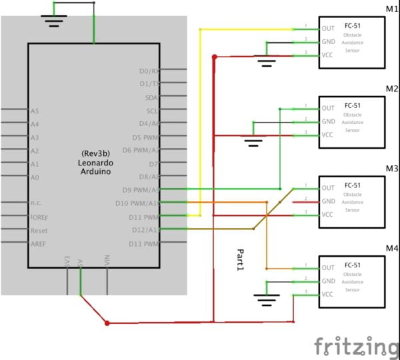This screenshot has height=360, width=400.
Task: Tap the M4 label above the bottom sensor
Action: [x=391, y=249]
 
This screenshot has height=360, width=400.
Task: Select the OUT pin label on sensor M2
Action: [x=328, y=108]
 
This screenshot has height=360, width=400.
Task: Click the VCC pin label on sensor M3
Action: [x=328, y=214]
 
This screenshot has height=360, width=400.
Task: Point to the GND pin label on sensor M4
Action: [x=328, y=281]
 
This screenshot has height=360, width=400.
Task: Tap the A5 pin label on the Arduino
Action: [x=35, y=111]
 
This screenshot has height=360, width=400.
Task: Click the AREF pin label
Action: [x=39, y=244]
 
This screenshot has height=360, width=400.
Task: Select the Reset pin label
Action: [x=39, y=230]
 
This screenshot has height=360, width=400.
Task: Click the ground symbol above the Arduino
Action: [x=53, y=19]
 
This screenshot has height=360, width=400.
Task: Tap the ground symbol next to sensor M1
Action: [x=267, y=64]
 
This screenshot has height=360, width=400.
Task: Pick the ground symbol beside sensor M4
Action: [x=267, y=301]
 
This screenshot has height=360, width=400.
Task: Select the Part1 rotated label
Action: [x=241, y=260]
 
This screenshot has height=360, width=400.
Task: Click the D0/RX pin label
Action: [x=149, y=70]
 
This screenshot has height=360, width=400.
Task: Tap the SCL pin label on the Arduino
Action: [x=153, y=111]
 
